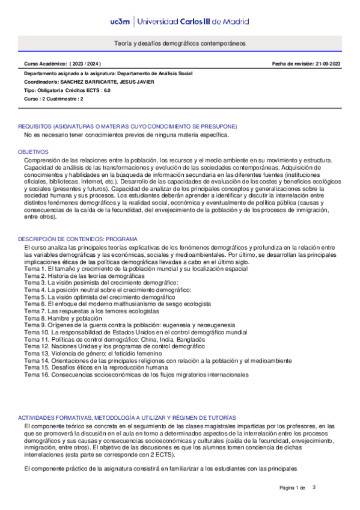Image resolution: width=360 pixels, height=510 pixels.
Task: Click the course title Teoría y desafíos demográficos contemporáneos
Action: pyautogui.click(x=180, y=44)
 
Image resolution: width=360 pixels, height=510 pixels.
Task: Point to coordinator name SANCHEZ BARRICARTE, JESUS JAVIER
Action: pyautogui.click(x=107, y=81)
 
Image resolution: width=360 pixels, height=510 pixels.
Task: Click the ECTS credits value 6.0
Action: pyautogui.click(x=106, y=90)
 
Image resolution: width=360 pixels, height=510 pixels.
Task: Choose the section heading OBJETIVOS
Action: pyautogui.click(x=33, y=152)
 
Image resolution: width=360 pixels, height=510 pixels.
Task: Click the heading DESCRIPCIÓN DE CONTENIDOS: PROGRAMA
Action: pyautogui.click(x=78, y=239)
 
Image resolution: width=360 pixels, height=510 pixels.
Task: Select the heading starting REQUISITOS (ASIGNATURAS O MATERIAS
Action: pyautogui.click(x=127, y=126)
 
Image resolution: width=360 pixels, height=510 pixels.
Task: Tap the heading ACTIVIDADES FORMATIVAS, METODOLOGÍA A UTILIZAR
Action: pyautogui.click(x=127, y=417)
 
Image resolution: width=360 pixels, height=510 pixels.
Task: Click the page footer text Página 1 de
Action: pyautogui.click(x=293, y=488)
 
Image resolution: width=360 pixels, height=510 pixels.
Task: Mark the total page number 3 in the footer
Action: pyautogui.click(x=314, y=487)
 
